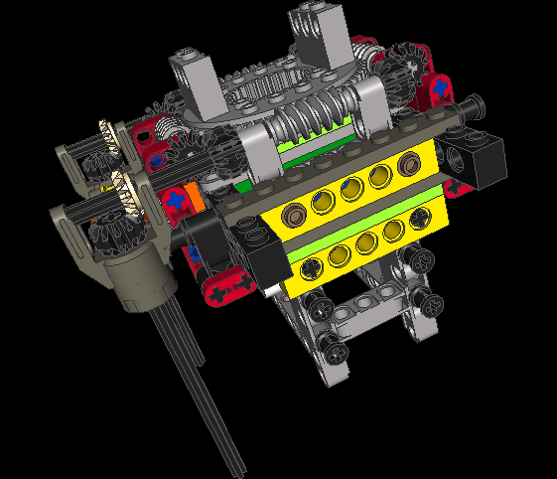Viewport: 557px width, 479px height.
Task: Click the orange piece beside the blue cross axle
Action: [x=197, y=197]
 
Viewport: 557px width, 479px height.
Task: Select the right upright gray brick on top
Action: [x=316, y=30]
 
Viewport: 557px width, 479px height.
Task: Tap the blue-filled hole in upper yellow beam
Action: [x=349, y=188]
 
